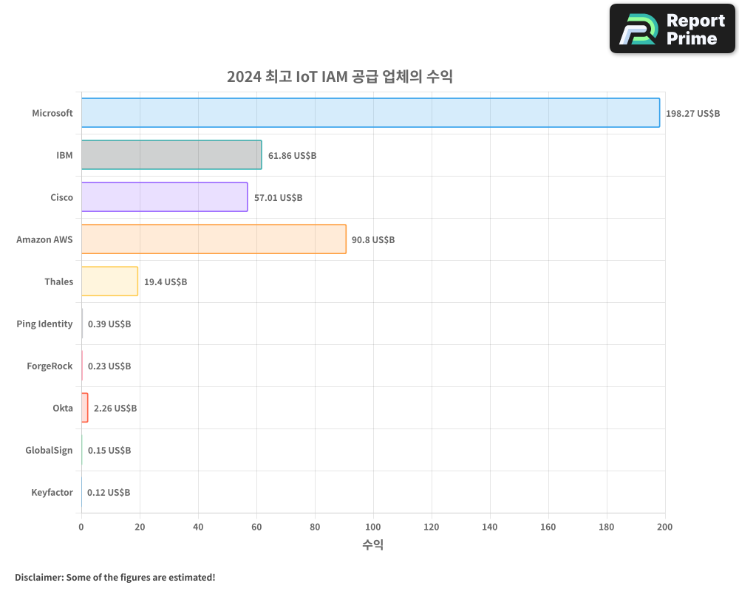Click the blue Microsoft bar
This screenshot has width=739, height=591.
(369, 113)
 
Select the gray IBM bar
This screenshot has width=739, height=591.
(171, 155)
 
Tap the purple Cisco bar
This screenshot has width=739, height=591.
(164, 197)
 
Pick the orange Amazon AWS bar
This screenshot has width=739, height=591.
(214, 239)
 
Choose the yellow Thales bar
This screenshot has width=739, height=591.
(109, 281)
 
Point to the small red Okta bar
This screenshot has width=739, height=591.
(85, 408)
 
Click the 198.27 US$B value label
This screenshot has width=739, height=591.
(692, 114)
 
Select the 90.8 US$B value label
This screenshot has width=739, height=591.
(373, 240)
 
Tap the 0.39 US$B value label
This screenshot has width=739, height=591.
(109, 324)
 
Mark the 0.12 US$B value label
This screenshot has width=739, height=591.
(109, 493)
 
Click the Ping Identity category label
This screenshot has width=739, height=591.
(44, 324)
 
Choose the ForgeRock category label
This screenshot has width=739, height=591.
(50, 366)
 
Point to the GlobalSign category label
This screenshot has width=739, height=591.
(49, 450)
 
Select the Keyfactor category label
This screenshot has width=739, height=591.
(52, 492)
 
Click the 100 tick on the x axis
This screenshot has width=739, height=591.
(373, 527)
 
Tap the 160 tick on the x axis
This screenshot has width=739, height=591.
(548, 527)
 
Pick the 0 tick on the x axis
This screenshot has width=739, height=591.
(81, 527)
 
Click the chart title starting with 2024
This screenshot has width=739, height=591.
(339, 77)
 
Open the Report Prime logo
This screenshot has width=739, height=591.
(672, 29)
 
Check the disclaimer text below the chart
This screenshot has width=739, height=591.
(115, 577)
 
